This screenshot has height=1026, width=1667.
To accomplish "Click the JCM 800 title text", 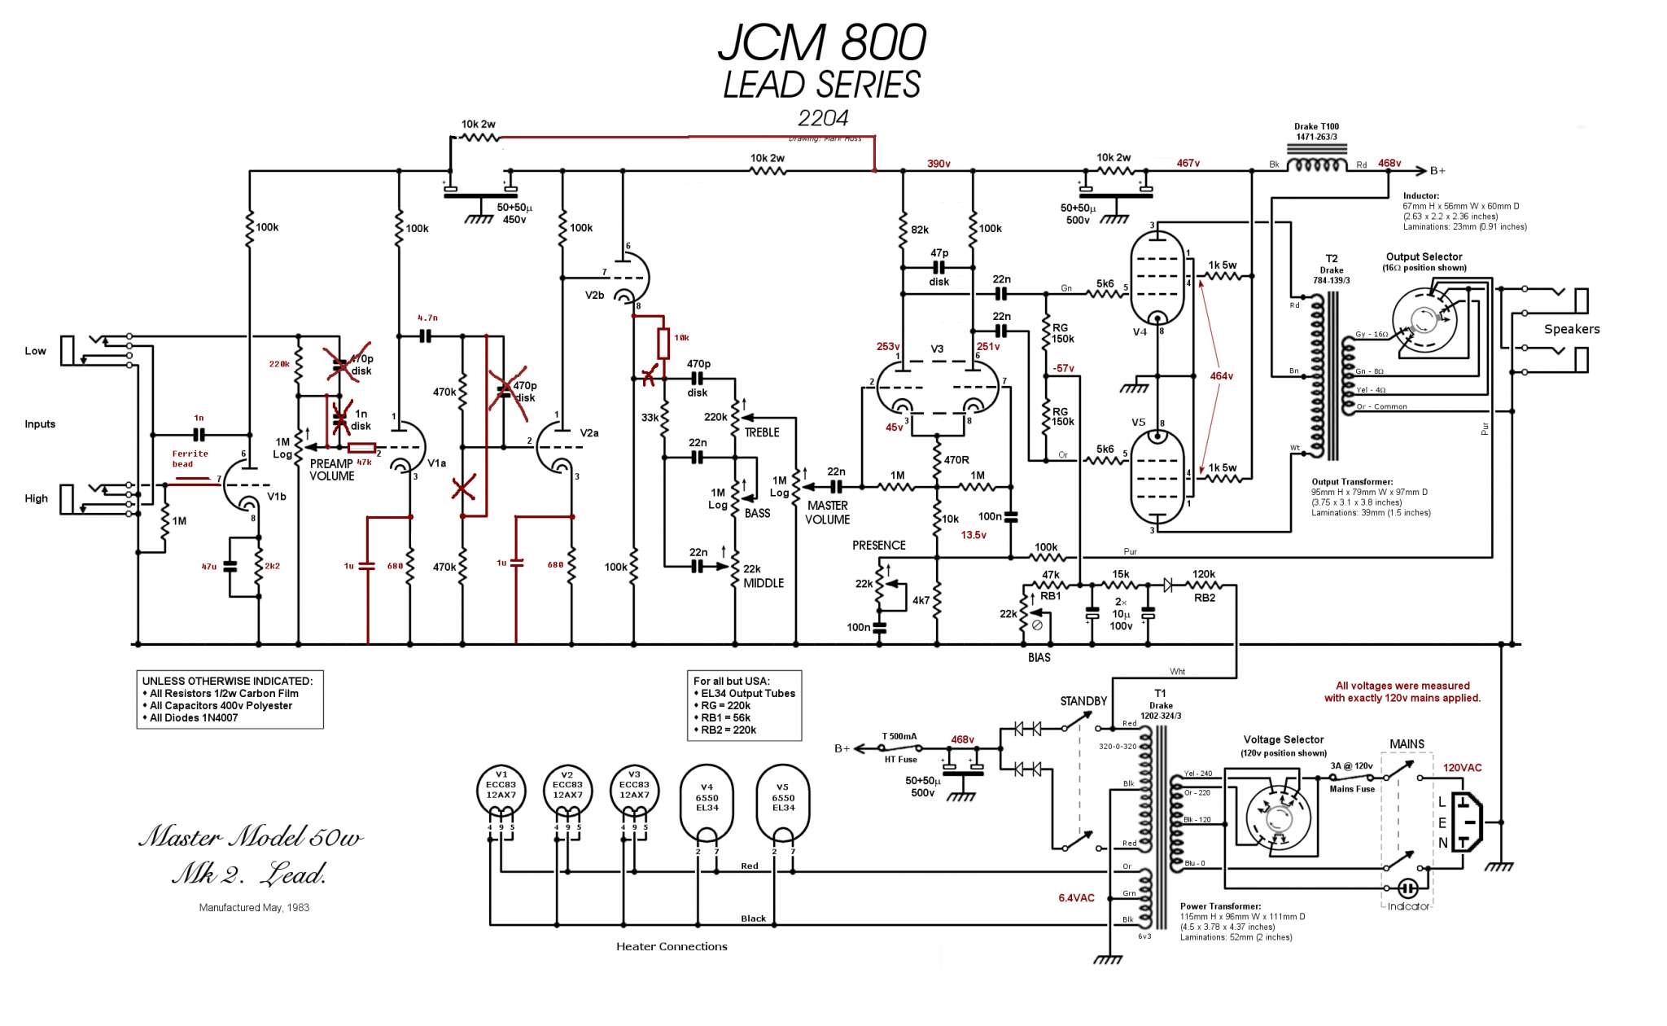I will click(x=822, y=42).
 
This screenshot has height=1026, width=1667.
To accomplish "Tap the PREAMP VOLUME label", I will click(x=332, y=470).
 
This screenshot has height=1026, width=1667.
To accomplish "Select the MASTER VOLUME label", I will click(x=828, y=512).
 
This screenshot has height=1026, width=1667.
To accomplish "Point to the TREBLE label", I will click(x=762, y=432).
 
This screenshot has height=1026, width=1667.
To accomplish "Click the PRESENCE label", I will click(x=878, y=546).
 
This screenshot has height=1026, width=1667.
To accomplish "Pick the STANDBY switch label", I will click(x=1083, y=701).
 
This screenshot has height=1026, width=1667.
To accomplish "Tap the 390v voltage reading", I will click(x=939, y=164).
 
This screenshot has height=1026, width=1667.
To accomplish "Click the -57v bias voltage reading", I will click(x=1063, y=368).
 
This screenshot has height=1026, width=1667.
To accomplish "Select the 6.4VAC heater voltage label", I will click(x=1076, y=898).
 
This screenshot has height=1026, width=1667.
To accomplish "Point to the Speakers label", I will click(x=1572, y=329).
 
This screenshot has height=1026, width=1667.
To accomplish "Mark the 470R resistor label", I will click(x=956, y=460).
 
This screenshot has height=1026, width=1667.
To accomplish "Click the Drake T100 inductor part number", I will click(x=1316, y=132).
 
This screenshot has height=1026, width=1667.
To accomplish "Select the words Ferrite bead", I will click(x=190, y=458).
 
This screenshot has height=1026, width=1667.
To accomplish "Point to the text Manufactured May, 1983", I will click(x=254, y=907).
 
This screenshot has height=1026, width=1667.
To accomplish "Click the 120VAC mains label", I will click(x=1462, y=768).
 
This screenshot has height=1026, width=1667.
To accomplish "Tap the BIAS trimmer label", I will click(x=1039, y=657).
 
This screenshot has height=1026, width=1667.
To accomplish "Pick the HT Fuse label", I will click(x=900, y=760).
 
